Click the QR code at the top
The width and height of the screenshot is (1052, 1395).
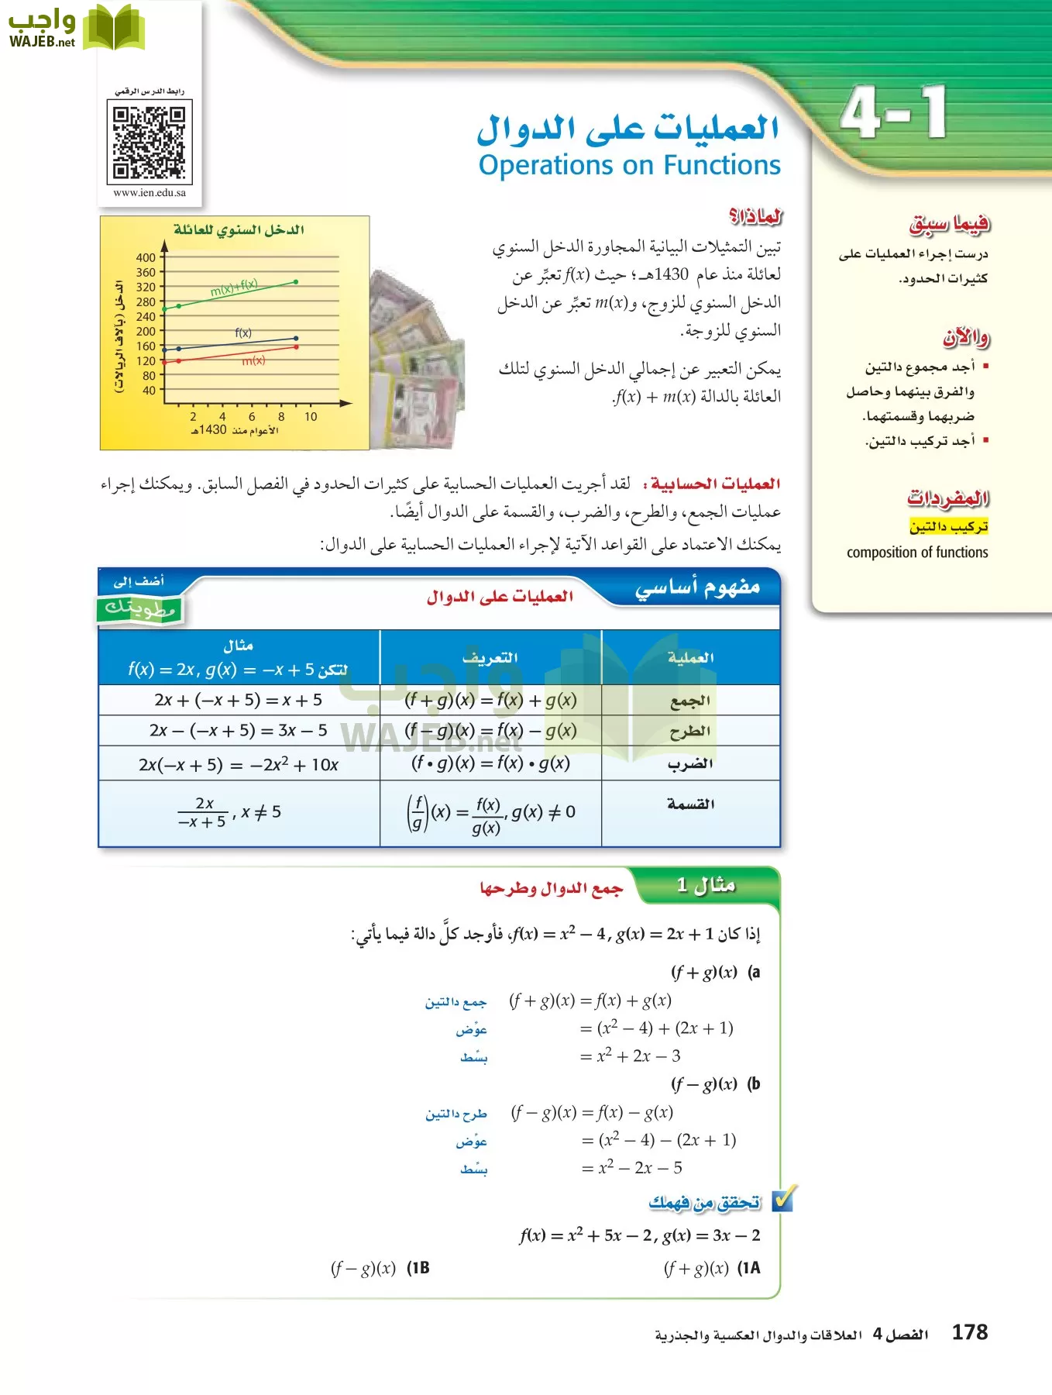point(149,143)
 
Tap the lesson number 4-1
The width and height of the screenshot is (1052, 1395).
point(894,113)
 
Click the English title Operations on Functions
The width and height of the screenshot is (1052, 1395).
point(629,165)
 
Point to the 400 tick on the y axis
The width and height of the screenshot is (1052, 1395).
point(146,257)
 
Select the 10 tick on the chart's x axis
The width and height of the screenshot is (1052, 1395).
point(311,417)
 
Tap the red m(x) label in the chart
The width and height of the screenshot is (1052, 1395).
point(253,360)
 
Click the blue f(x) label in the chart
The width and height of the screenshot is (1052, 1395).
point(243,332)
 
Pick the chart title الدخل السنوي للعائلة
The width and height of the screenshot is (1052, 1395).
point(239,230)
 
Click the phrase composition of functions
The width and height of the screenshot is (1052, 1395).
point(917,553)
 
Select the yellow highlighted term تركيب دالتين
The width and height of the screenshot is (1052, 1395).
point(948,527)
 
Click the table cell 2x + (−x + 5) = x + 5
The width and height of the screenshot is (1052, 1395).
point(239,700)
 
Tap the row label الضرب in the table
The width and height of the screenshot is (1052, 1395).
point(690,764)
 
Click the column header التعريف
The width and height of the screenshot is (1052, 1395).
point(490,658)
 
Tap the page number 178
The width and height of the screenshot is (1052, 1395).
point(969,1333)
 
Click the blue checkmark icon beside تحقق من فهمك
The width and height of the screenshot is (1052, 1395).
point(783,1200)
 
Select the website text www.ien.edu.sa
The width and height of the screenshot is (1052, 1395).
point(150,193)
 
